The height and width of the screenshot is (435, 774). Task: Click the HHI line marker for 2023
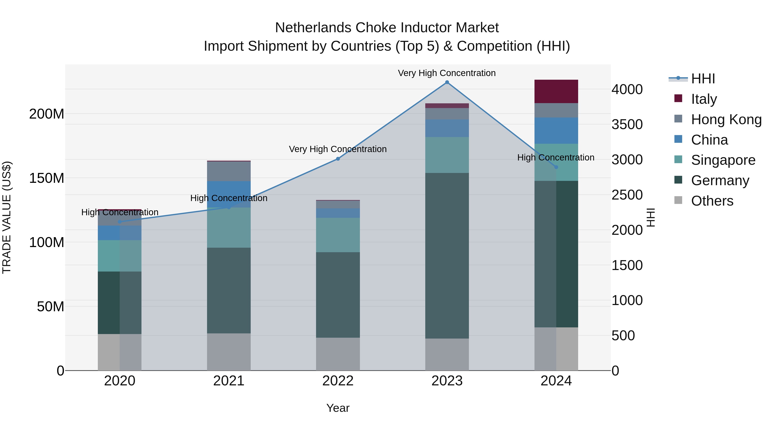click(447, 82)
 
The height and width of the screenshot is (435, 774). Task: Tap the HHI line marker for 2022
click(338, 159)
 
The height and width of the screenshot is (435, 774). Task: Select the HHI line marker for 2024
click(556, 167)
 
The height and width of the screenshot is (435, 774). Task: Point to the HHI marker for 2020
click(120, 222)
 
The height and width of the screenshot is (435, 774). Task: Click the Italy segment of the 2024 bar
click(556, 92)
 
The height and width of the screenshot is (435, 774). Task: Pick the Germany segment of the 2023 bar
click(447, 255)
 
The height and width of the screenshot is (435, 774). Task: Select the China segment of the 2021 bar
click(229, 194)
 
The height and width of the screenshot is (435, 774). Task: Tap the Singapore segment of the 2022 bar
click(338, 235)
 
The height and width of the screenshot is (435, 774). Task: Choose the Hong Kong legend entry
click(726, 119)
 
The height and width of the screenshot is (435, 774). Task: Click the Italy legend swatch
click(678, 98)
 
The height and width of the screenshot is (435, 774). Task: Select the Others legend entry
click(712, 201)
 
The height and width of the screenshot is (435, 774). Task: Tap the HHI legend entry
click(702, 79)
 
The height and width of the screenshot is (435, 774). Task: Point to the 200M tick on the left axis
click(47, 114)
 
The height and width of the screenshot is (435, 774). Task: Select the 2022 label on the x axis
click(338, 381)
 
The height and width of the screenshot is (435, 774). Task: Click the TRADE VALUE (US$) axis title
click(7, 217)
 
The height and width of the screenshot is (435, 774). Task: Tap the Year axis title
click(338, 408)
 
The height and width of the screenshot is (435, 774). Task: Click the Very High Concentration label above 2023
click(447, 73)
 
